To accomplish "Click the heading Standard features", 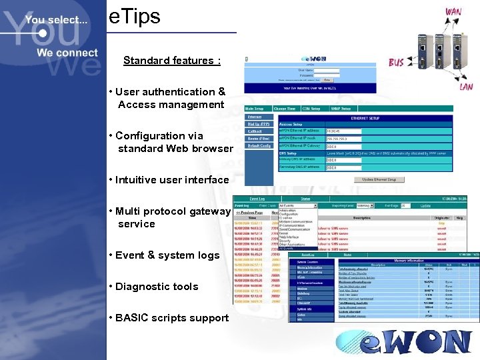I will [x=171, y=61].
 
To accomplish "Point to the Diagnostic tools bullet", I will [x=157, y=287].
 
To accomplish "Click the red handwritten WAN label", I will [x=453, y=12].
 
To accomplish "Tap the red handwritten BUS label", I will [x=396, y=62].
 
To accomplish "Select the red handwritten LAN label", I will [x=449, y=85].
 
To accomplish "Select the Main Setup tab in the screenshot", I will [x=257, y=108].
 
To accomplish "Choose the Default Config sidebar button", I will [x=259, y=145].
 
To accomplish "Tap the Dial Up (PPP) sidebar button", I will [x=259, y=123].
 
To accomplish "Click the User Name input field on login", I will [x=326, y=71].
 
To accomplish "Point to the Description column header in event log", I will [x=361, y=217].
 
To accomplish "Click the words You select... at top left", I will [x=56, y=20].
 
